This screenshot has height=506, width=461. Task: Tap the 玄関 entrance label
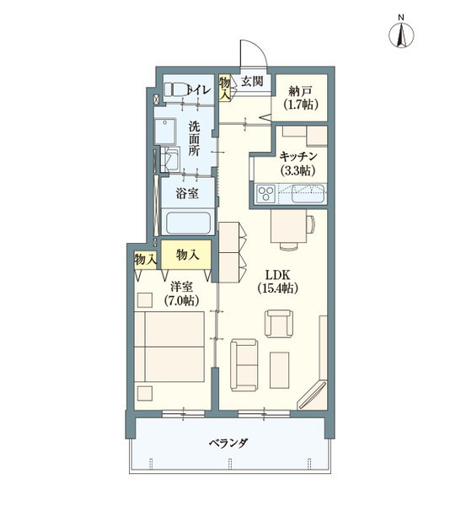252,81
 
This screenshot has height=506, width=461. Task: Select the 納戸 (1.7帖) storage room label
301,99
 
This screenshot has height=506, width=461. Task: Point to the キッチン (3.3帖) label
298,163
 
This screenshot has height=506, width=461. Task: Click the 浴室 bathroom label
187,194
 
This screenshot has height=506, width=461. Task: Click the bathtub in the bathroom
188,225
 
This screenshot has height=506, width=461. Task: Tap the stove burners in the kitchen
265,196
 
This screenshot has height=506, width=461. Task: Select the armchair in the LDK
279,324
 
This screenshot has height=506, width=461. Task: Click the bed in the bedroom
173,349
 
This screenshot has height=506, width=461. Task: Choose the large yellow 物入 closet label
187,253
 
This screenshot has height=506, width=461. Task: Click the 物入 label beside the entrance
225,87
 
